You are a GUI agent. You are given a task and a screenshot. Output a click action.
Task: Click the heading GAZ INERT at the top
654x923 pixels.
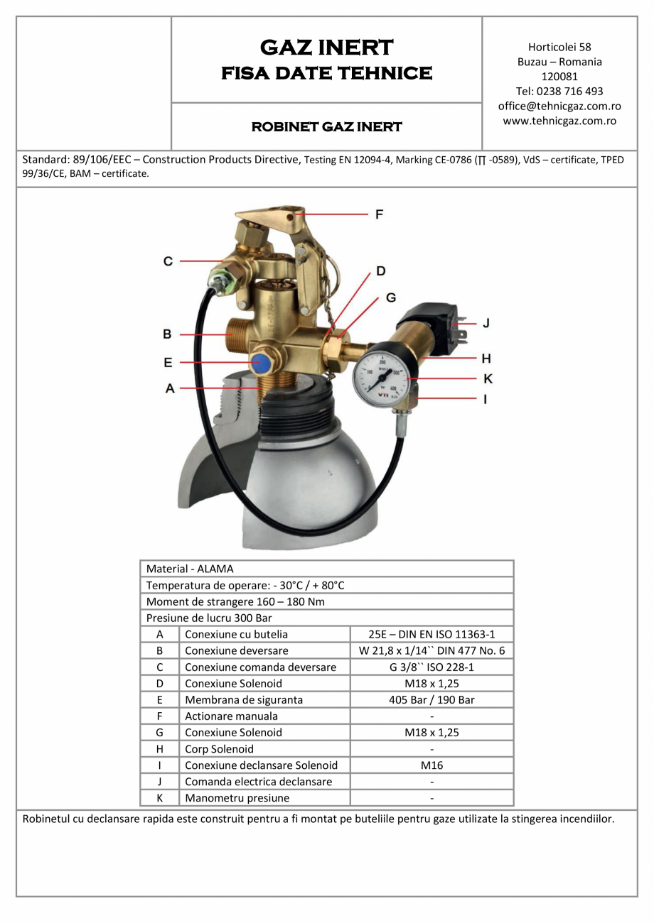326,47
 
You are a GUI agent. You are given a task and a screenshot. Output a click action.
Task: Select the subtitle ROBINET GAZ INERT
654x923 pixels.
326,127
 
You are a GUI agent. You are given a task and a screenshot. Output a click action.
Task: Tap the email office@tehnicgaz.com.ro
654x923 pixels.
559,106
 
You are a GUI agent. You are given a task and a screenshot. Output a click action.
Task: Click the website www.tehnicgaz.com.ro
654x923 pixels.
559,121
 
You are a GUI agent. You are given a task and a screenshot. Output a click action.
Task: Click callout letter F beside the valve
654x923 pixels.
379,214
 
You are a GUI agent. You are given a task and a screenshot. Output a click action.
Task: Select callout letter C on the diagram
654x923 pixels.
168,261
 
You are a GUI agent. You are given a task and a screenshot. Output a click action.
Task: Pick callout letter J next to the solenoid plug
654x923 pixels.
486,323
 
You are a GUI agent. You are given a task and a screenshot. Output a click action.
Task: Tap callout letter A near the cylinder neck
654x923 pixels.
170,388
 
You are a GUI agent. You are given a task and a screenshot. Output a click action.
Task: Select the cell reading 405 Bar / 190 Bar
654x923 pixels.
431,700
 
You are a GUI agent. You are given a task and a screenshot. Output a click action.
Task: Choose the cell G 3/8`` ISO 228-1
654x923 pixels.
431,667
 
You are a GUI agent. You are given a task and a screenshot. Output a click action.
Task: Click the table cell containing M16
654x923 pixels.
431,765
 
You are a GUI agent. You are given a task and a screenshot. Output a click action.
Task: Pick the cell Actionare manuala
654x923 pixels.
232,716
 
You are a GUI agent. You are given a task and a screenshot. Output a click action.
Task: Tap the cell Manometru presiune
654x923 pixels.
237,798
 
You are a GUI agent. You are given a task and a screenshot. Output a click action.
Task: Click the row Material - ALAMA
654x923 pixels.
190,569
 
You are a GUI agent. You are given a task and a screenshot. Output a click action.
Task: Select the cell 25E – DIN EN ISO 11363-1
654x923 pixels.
431,634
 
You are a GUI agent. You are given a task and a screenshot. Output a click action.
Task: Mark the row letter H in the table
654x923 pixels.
160,749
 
